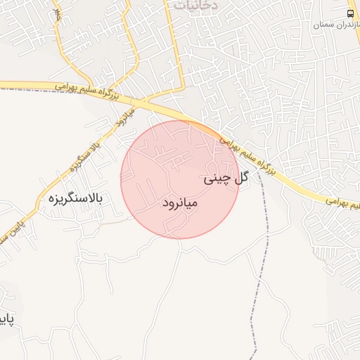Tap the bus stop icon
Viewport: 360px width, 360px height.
(x=351, y=13)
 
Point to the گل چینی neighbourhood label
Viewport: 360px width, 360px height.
(x=226, y=179)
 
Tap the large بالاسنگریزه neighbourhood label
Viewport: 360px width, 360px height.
(x=76, y=199)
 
